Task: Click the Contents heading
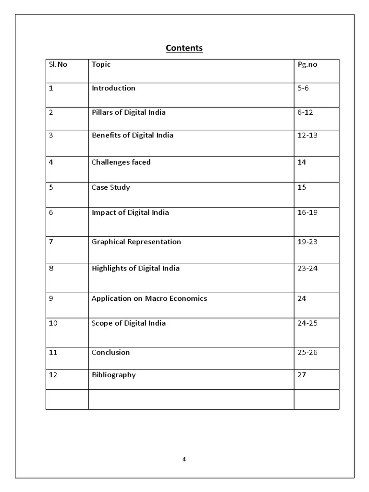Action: tap(184, 48)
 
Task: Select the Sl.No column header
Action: tap(58, 64)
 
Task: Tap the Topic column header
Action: tap(101, 64)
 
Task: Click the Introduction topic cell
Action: tap(113, 88)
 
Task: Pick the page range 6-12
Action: tap(305, 112)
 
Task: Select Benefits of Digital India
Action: tap(133, 135)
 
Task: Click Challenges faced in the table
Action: tap(121, 162)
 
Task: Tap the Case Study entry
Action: tap(111, 187)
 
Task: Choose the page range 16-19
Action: tap(307, 212)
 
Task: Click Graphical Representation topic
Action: tap(136, 242)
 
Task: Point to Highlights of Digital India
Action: tap(135, 268)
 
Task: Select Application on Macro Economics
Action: tap(149, 298)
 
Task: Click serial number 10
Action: tap(53, 323)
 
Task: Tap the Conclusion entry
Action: tap(111, 352)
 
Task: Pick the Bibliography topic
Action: tap(113, 375)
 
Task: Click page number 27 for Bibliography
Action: tap(302, 375)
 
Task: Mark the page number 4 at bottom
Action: tap(184, 459)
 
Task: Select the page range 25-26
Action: tap(307, 352)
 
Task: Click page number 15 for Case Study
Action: tap(302, 187)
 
